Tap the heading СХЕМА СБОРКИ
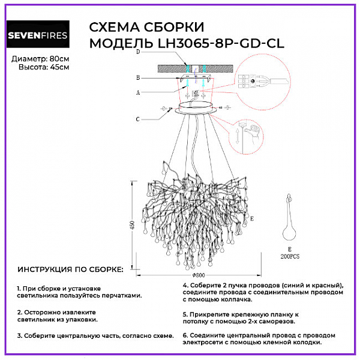[147, 27]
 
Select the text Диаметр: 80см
[40, 58]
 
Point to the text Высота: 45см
[44, 67]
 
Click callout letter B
[138, 78]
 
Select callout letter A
[138, 93]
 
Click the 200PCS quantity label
[291, 254]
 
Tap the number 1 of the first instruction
[19, 289]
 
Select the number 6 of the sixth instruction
[185, 335]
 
